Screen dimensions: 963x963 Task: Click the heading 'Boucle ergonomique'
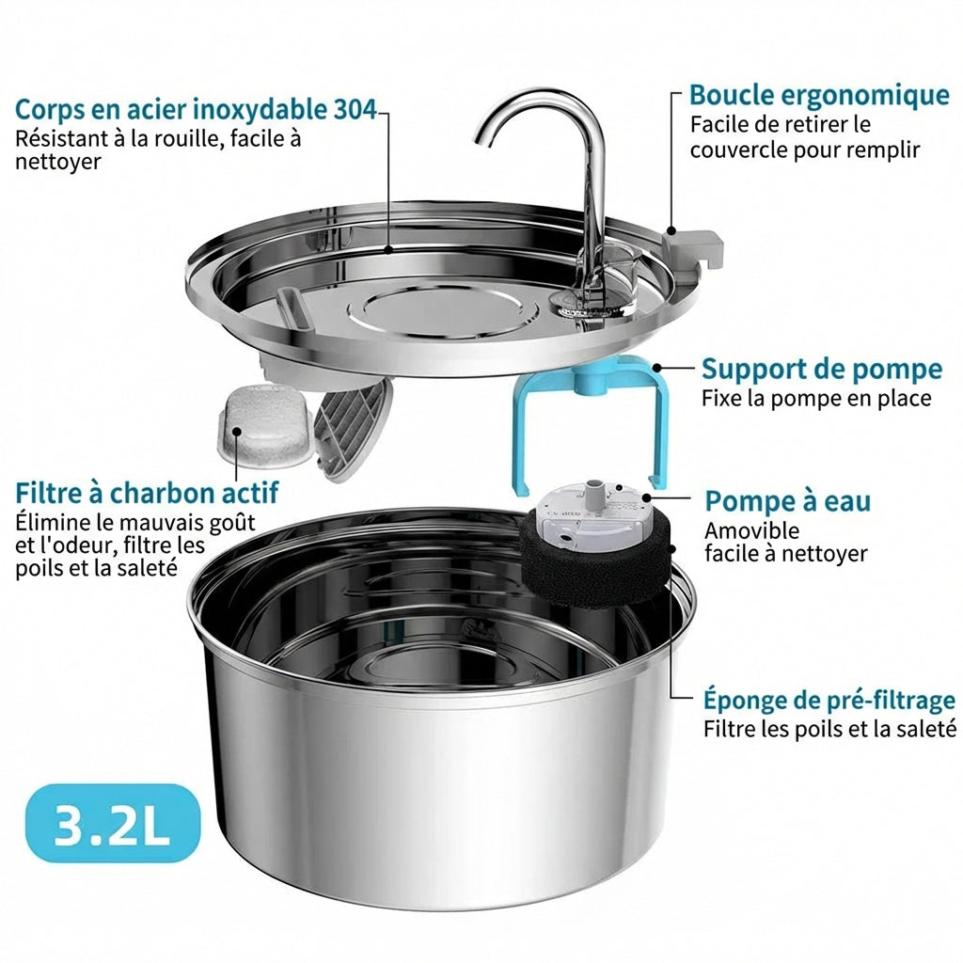pos(819,96)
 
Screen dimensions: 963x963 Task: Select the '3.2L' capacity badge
pos(113,823)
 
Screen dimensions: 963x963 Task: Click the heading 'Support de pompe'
pos(822,369)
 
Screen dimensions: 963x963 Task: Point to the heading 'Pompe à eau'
pos(788,500)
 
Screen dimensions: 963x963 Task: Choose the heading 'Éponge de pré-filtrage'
pos(829,700)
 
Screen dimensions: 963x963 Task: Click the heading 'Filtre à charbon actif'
pos(147,493)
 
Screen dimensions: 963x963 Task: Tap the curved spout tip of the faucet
pos(480,139)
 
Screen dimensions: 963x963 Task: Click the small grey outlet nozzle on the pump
pos(594,492)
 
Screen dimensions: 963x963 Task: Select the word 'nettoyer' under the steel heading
pos(58,162)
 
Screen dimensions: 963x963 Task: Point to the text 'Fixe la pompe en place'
pos(816,399)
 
